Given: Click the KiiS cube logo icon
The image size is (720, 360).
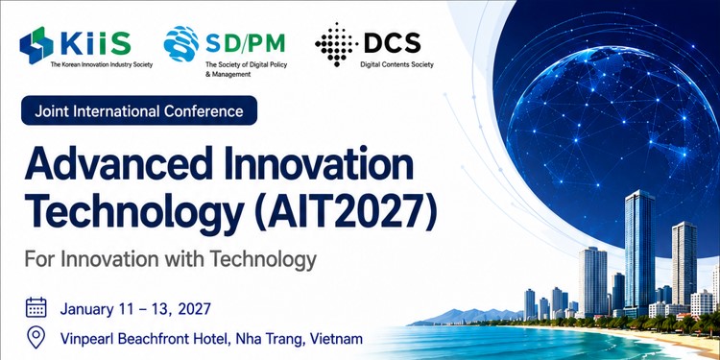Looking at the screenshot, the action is (x=36, y=45).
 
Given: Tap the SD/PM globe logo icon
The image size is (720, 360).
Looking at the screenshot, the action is (x=180, y=43).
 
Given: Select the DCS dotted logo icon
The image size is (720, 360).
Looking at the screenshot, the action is (x=337, y=44).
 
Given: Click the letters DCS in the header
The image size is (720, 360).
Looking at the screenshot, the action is (x=392, y=43).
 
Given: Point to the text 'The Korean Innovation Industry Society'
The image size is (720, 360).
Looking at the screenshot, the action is (x=102, y=64).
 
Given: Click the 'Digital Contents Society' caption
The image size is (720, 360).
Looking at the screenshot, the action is (x=396, y=64).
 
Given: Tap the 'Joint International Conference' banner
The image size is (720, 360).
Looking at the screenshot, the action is (x=139, y=110).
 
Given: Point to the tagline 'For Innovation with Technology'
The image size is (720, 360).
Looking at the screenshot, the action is (x=170, y=259).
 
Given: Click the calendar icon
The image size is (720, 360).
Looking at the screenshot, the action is (x=36, y=307).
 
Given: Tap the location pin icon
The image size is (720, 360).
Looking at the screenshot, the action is (x=36, y=338).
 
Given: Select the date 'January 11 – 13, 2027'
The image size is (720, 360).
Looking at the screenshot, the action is (x=135, y=308).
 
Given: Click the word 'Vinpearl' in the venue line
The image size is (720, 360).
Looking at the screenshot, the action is (x=87, y=339).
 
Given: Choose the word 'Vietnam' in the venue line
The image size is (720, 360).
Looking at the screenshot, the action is (x=336, y=339).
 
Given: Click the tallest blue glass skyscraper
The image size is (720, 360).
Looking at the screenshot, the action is (x=639, y=252).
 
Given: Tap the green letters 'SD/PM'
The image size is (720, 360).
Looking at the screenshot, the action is (x=245, y=42).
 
